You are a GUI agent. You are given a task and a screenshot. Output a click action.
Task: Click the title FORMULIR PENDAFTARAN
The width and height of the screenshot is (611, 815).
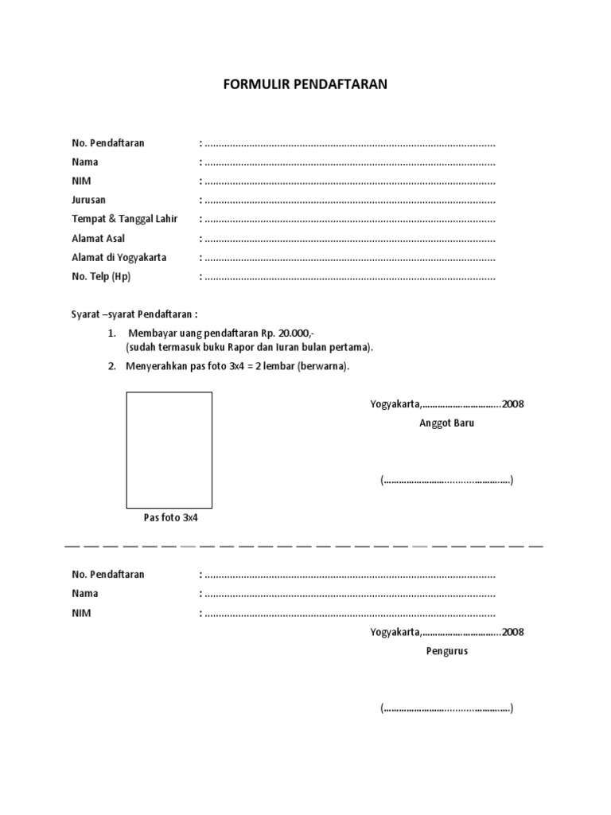[x=305, y=84]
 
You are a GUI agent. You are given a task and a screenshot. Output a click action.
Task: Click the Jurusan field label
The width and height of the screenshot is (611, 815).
[x=88, y=200]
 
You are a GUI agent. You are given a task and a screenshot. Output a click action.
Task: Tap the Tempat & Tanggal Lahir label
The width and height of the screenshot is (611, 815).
[x=125, y=219]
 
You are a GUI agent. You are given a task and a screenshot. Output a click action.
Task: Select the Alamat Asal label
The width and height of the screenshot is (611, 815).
[x=98, y=238]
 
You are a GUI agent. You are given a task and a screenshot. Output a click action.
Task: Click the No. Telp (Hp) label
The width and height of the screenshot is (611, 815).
[x=101, y=276]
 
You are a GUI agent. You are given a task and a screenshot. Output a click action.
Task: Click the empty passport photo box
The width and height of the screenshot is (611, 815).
[x=169, y=450]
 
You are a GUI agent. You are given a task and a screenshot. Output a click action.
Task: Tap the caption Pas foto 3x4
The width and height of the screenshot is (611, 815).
[x=170, y=517]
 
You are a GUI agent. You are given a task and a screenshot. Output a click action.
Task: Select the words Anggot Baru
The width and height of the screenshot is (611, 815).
[x=447, y=423]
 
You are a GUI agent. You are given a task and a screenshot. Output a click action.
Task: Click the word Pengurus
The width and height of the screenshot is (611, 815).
[x=446, y=650]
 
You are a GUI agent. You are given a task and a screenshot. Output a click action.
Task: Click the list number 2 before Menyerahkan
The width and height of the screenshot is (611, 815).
[x=112, y=367]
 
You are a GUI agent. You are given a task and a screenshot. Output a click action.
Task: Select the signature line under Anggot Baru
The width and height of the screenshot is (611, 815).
[x=446, y=481]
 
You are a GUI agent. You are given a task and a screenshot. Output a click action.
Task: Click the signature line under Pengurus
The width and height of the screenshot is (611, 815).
[x=446, y=708]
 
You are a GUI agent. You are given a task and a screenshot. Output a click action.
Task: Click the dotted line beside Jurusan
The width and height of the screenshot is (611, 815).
[x=350, y=201]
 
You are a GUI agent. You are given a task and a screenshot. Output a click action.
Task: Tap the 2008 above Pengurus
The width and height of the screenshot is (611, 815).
[x=513, y=632]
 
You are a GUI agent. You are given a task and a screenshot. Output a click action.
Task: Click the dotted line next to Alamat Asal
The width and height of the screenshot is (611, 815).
[x=350, y=239]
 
